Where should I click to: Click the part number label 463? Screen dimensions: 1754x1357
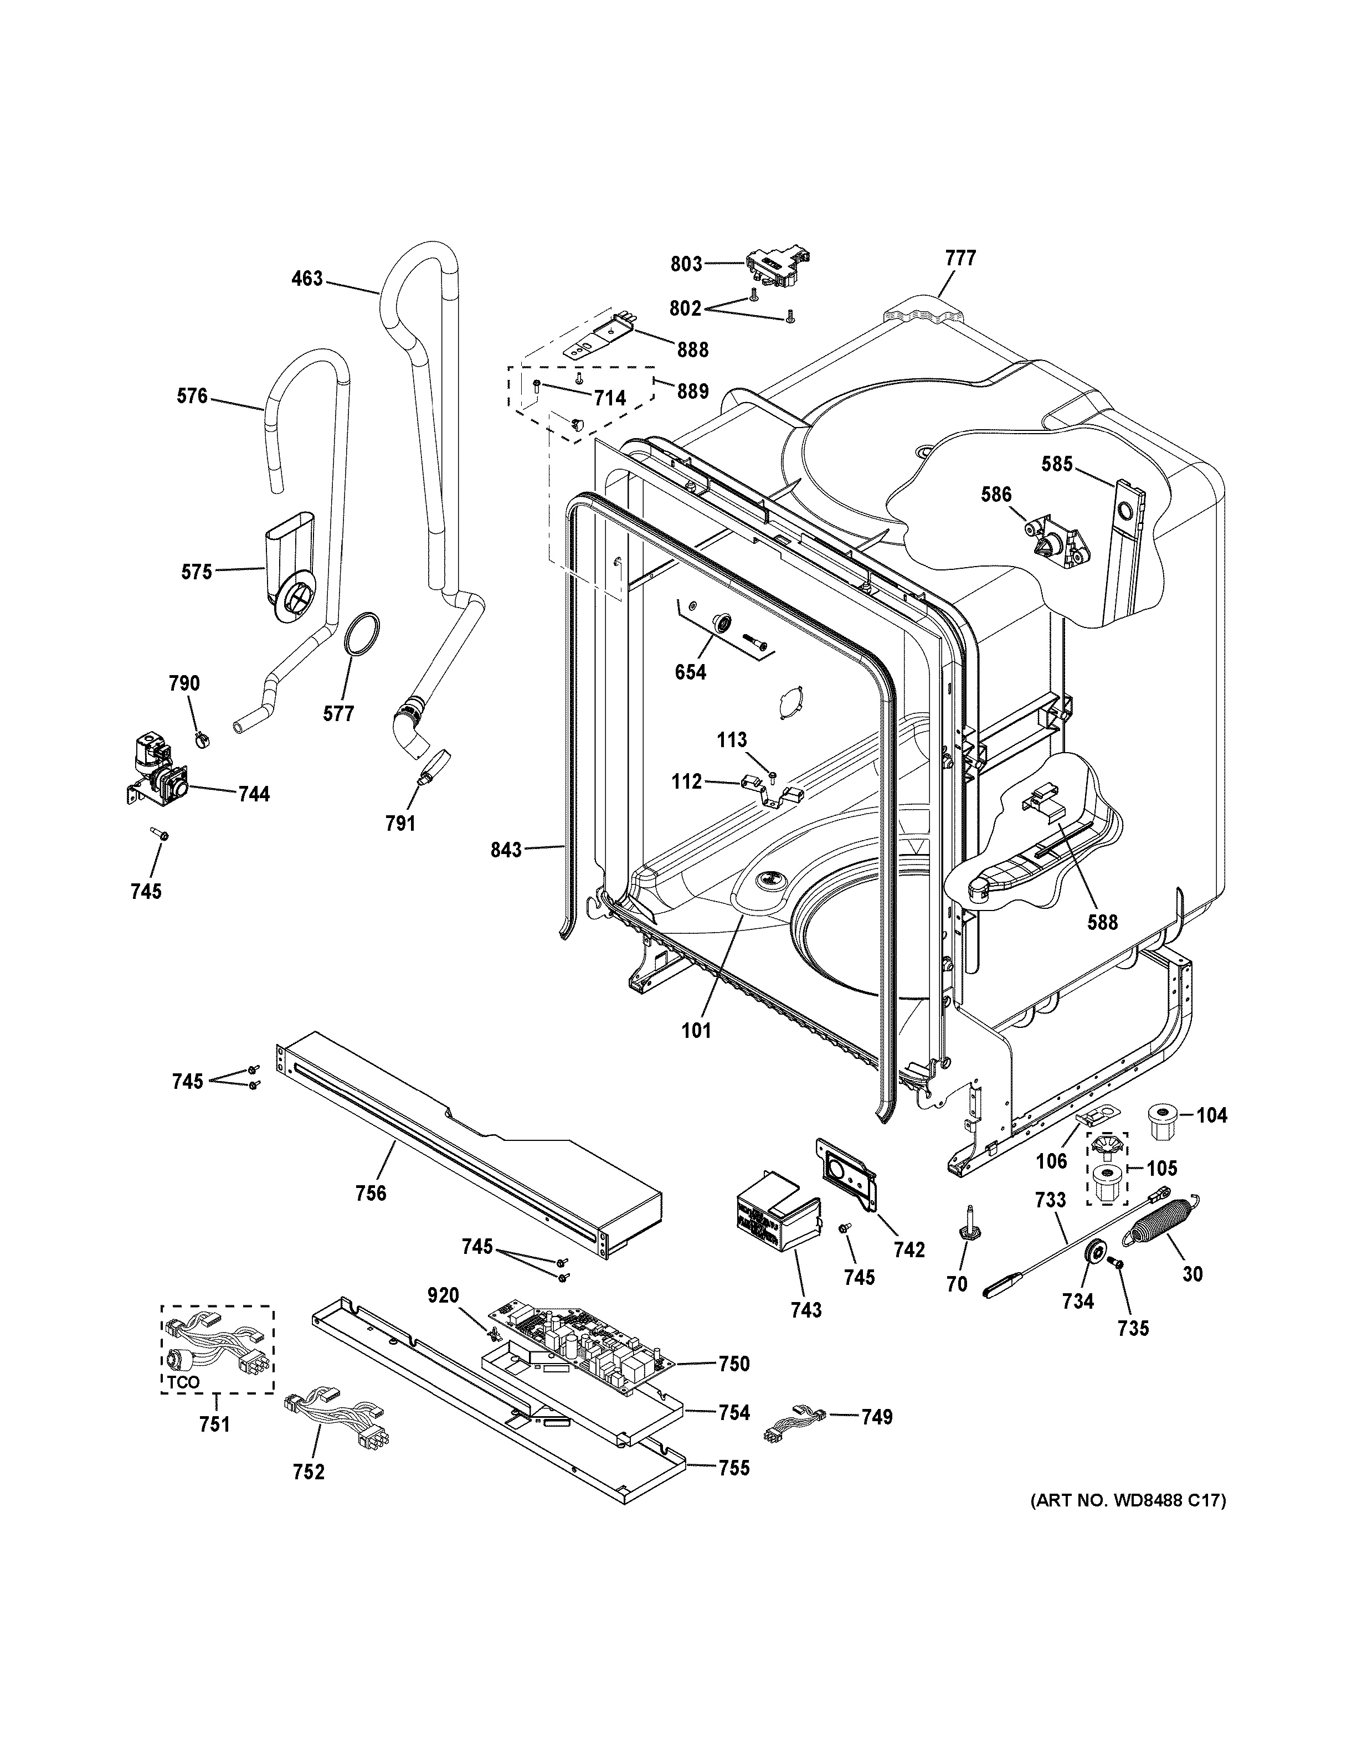[307, 279]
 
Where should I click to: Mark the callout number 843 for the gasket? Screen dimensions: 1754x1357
[507, 850]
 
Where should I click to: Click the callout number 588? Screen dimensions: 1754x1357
[1102, 922]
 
